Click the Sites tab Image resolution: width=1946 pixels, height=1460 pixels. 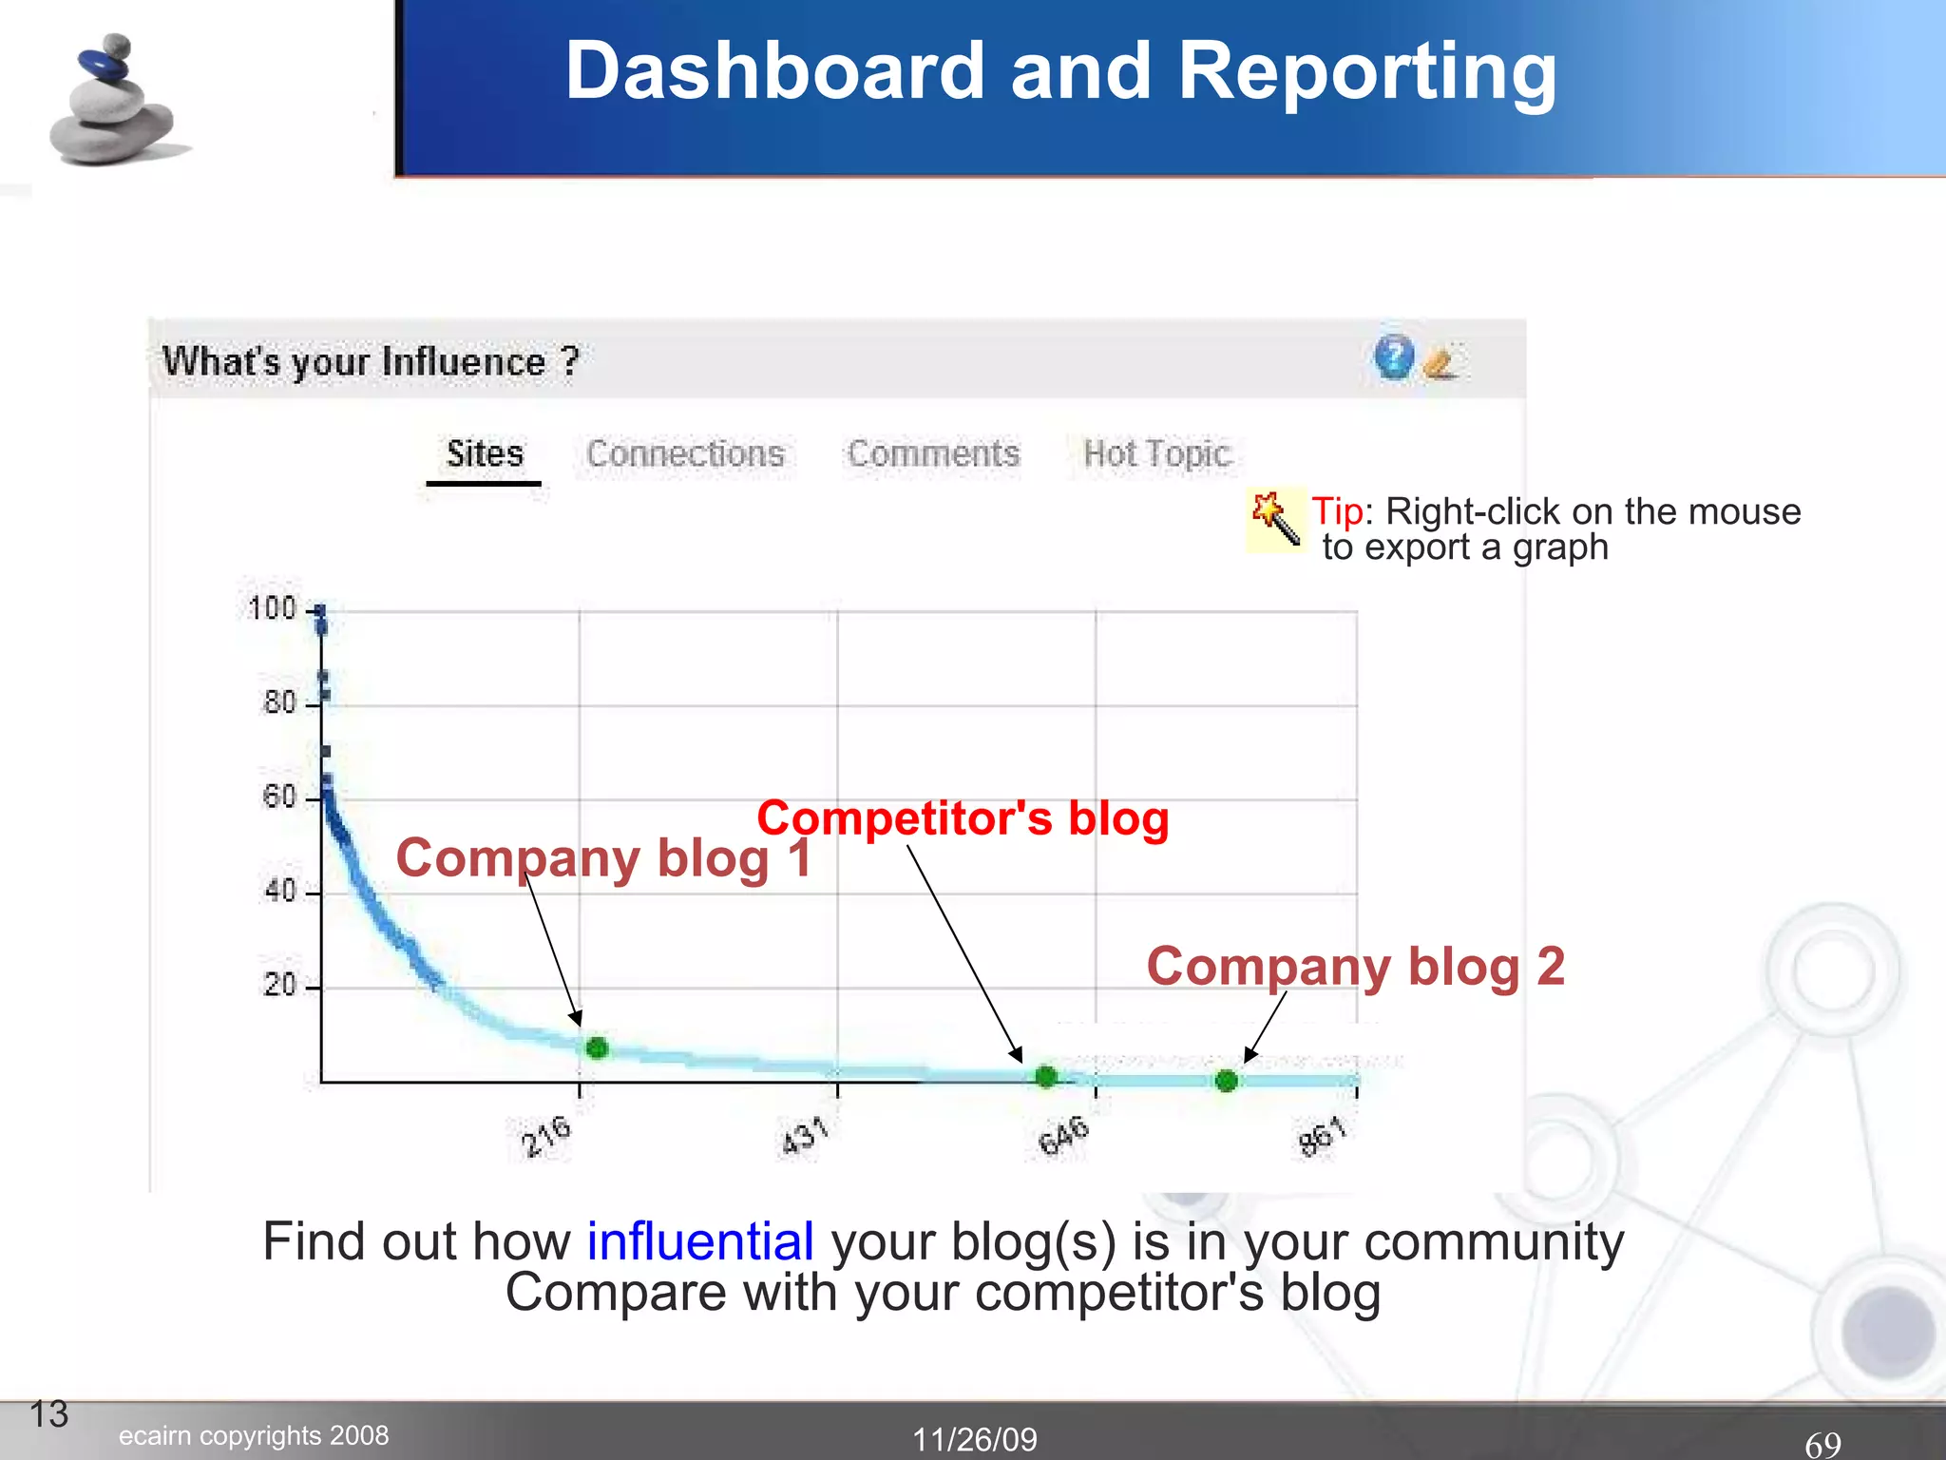485,453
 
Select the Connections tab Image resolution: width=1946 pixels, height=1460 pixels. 685,453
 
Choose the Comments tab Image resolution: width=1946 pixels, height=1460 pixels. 933,453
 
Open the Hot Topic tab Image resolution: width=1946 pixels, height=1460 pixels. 1156,454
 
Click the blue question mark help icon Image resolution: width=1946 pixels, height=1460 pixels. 1394,357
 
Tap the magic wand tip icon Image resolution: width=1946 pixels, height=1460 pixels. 1276,519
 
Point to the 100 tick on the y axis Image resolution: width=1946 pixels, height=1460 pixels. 273,608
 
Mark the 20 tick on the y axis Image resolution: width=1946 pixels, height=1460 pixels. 281,985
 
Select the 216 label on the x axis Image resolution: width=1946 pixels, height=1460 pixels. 546,1136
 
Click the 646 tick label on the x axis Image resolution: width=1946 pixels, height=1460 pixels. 1063,1136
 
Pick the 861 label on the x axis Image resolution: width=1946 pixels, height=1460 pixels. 1323,1136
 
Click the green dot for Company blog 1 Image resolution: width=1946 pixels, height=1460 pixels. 597,1048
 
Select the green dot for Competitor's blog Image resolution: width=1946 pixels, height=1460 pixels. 1046,1076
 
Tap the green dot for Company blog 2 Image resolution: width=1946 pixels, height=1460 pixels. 1227,1080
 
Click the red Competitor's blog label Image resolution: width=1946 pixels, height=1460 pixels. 963,818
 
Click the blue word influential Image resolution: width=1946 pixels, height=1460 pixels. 700,1241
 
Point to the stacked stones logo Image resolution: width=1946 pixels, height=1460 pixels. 112,102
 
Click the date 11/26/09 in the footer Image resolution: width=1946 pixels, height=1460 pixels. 975,1439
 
